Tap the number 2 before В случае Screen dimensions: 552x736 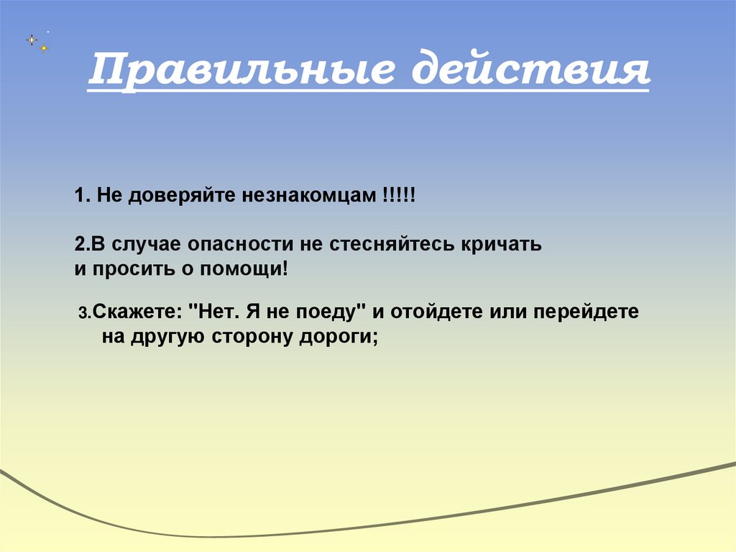pos(78,244)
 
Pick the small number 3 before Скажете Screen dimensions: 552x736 pos(82,314)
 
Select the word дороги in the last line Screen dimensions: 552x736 pos(338,337)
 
